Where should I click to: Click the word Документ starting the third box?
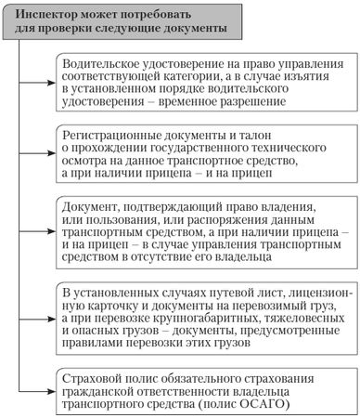click(87, 205)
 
